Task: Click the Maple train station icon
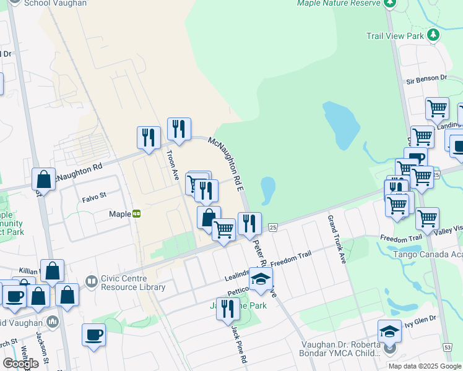[136, 214]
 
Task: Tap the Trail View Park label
[403, 36]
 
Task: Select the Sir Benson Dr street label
[426, 79]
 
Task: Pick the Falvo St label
[95, 199]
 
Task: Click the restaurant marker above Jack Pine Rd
[228, 308]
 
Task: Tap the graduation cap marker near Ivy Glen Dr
[389, 331]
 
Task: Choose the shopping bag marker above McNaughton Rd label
[44, 179]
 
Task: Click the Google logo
[20, 364]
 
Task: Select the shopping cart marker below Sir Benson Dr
[437, 108]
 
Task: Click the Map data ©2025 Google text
[424, 366]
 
